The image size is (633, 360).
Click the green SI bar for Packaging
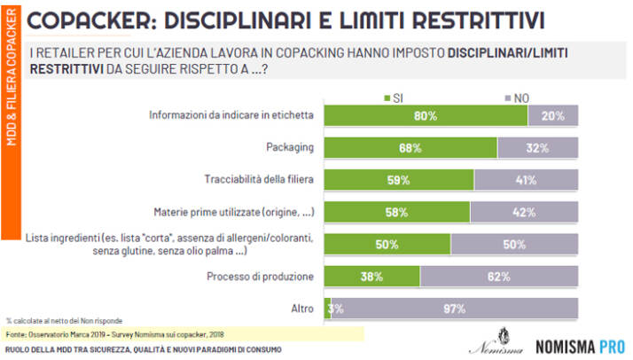pyautogui.click(x=410, y=147)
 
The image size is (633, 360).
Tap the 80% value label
pyautogui.click(x=426, y=114)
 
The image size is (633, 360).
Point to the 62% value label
pyautogui.click(x=500, y=276)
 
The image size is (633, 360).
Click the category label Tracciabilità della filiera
pyautogui.click(x=256, y=179)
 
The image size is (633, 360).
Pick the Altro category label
pyautogui.click(x=302, y=308)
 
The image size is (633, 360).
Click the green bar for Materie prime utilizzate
pyautogui.click(x=396, y=212)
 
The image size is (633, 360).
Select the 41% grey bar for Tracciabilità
pyautogui.click(x=527, y=179)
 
